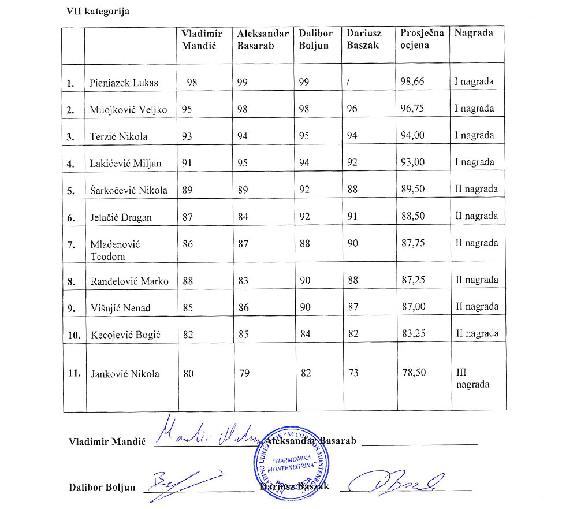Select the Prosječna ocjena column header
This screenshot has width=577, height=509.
coord(422,39)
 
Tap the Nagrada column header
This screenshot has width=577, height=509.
coord(474,33)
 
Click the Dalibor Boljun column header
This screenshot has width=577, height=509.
coord(316,39)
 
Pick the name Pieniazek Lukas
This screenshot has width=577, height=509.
coord(124,83)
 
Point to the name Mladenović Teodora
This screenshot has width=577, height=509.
coord(116,250)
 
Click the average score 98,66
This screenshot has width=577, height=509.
coord(412,81)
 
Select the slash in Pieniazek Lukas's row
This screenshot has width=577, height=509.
coord(348,82)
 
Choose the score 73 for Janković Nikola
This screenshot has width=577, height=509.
coord(353,373)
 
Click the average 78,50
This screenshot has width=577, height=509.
coord(414,373)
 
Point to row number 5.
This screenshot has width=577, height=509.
coord(72,191)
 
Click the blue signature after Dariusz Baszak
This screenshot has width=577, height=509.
coord(399,481)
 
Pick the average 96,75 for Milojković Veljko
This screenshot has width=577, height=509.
coord(412,109)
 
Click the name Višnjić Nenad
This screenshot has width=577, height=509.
coord(120,308)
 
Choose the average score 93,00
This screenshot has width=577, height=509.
coord(412,162)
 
